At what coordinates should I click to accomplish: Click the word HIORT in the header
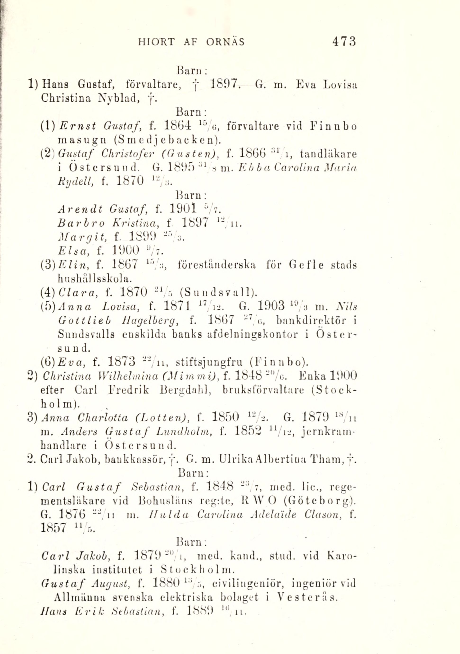[155, 42]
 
